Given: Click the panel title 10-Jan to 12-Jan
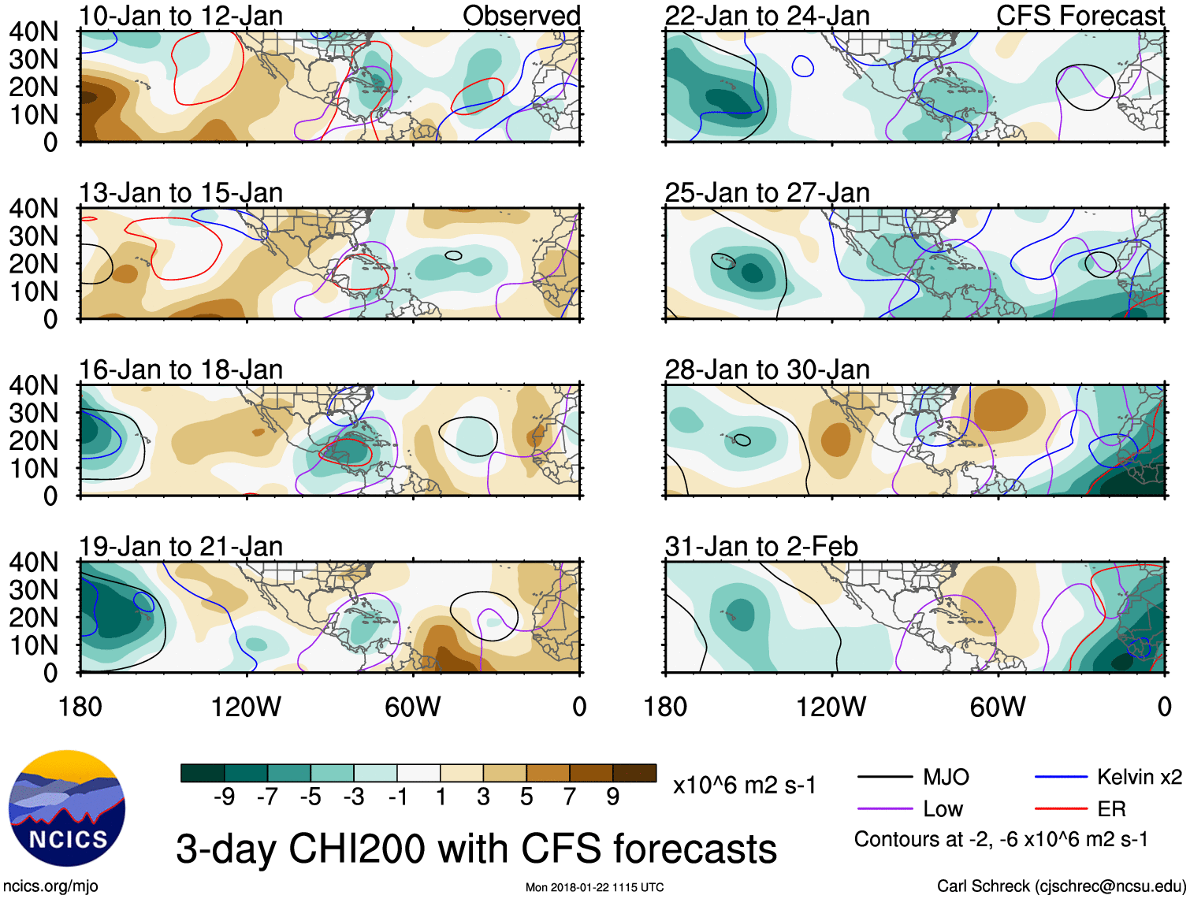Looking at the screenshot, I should (180, 16).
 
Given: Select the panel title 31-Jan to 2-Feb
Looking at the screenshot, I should (761, 547).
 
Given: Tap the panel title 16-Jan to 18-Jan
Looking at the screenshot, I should (180, 370).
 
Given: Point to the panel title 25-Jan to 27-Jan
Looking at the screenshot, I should (767, 193).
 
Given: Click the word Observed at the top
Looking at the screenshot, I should (521, 16).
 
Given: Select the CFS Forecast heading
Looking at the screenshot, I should (1080, 16).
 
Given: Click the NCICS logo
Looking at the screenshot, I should (67, 808).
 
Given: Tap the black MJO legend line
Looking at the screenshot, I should (884, 778).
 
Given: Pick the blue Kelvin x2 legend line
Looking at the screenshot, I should (1061, 778).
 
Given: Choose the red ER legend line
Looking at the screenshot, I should (1061, 809).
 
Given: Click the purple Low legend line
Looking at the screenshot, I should (884, 809).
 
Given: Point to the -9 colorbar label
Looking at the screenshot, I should (224, 797).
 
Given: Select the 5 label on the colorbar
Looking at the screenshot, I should (526, 797).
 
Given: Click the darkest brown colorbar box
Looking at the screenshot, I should (634, 773).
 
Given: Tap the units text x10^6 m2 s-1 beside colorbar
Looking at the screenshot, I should (744, 786).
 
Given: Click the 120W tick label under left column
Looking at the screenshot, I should (246, 707).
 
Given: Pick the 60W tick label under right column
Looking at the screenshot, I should (998, 707).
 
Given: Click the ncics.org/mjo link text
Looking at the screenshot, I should (50, 886).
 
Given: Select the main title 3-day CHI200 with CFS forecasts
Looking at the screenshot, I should (476, 849).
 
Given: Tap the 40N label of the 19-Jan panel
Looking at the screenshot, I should (34, 563).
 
